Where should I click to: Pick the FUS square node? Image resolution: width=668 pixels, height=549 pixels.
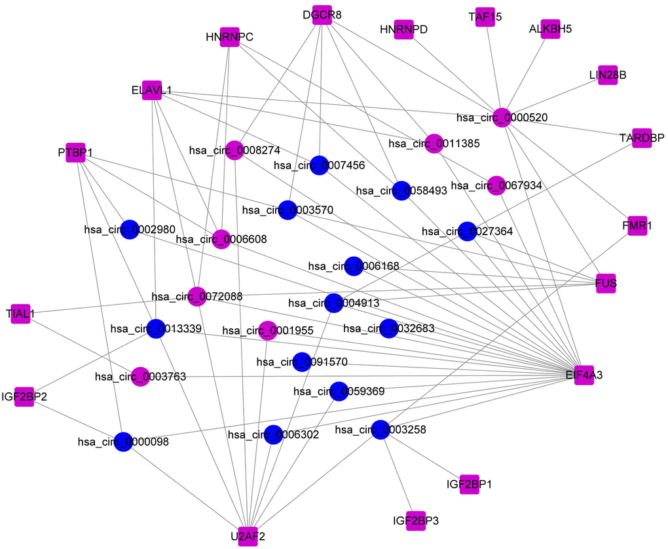(x=606, y=283)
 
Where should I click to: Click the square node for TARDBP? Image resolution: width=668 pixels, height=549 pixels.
(x=642, y=138)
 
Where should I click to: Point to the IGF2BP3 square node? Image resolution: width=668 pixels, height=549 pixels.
(x=416, y=521)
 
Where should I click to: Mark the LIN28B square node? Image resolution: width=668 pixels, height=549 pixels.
(x=608, y=75)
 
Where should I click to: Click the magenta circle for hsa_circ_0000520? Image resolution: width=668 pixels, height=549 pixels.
(x=502, y=117)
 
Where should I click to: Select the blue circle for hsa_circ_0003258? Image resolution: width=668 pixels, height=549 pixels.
(x=381, y=430)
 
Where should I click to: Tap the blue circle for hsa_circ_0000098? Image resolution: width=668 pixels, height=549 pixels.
(x=124, y=442)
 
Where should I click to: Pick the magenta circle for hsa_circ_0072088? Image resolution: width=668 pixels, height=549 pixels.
(x=196, y=296)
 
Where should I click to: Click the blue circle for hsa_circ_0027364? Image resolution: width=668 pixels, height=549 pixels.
(x=467, y=231)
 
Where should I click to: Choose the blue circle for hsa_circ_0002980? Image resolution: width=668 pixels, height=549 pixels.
(x=130, y=229)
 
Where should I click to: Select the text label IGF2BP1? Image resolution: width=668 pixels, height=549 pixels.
(x=470, y=485)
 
